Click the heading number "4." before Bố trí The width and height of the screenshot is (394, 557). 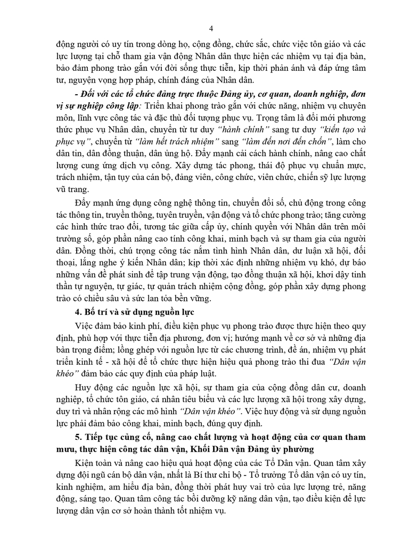80,313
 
